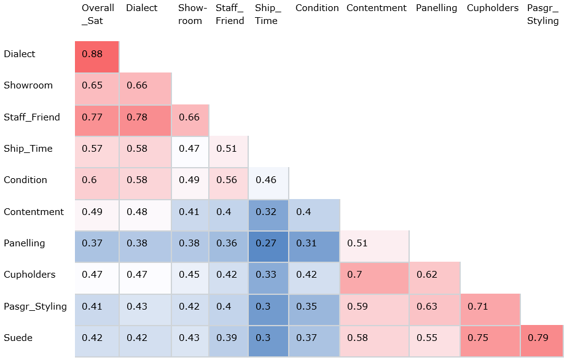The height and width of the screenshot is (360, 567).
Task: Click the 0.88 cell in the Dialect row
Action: pos(96,57)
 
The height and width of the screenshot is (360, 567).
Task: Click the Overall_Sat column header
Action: pos(98,14)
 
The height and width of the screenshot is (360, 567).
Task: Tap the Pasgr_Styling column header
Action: pos(543,14)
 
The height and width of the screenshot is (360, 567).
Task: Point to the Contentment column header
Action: pos(376,8)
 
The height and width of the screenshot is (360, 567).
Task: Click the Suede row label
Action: pos(18,338)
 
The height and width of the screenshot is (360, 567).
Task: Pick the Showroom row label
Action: pos(28,85)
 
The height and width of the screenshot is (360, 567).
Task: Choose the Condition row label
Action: pos(25,180)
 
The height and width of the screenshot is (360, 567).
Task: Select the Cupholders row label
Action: pos(29,275)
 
